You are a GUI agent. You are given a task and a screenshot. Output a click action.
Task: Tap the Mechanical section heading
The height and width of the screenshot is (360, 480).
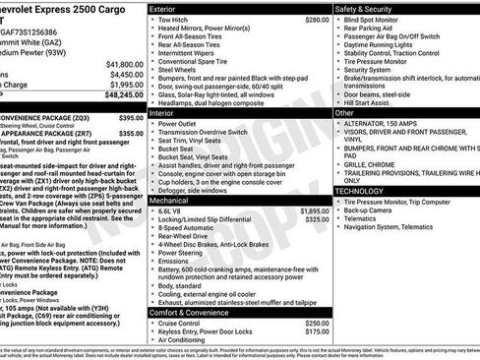[170, 199]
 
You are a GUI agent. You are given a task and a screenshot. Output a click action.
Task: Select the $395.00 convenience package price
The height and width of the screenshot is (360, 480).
[132, 118]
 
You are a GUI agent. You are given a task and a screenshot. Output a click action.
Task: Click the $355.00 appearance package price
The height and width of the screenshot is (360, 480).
[132, 135]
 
